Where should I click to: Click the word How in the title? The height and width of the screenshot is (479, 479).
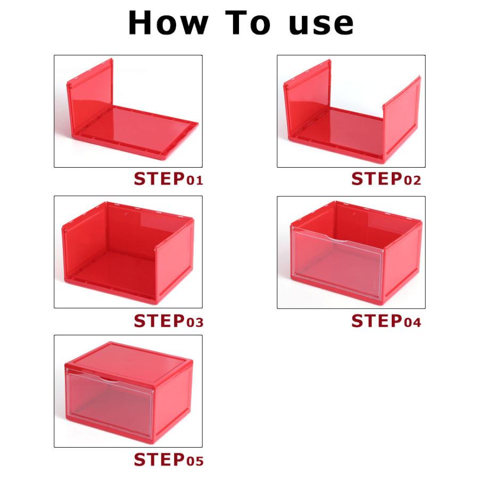[168, 22]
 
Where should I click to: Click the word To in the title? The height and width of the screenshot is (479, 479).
[248, 22]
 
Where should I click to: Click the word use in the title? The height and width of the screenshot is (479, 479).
[321, 25]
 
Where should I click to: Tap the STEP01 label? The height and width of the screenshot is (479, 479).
[168, 179]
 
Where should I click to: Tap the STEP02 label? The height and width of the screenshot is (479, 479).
[386, 179]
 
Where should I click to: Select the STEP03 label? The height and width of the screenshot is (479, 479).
[168, 321]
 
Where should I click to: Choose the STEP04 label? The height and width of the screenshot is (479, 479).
[386, 321]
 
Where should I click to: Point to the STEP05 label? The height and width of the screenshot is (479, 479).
[168, 459]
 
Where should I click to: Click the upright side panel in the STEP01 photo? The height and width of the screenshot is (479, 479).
[90, 97]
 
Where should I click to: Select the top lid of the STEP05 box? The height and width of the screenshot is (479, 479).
[129, 362]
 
